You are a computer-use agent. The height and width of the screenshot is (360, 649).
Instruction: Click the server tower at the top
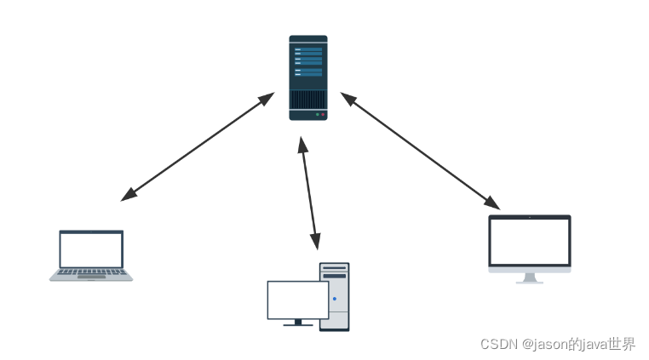307,77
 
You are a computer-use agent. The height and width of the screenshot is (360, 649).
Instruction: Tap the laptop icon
91,254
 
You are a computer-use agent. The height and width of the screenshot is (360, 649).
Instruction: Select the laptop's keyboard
91,273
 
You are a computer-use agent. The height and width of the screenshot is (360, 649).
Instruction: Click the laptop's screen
91,249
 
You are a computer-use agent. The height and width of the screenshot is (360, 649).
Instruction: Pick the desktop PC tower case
335,296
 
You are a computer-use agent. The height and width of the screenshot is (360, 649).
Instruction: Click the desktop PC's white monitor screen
297,300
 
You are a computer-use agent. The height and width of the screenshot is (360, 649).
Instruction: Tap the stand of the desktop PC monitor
297,323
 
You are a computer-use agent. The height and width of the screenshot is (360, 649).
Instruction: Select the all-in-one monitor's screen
529,242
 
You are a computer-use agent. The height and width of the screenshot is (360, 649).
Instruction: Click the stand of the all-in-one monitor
530,277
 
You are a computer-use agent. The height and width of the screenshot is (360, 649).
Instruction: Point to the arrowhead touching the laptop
129,196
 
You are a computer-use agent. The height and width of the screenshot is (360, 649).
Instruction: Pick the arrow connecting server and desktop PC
308,192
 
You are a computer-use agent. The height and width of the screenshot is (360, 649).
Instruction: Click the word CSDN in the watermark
498,345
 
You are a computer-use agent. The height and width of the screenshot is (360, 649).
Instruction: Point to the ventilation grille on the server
307,100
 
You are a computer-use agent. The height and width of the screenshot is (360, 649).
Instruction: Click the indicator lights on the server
319,114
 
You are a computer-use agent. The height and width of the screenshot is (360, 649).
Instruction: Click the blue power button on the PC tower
335,299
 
